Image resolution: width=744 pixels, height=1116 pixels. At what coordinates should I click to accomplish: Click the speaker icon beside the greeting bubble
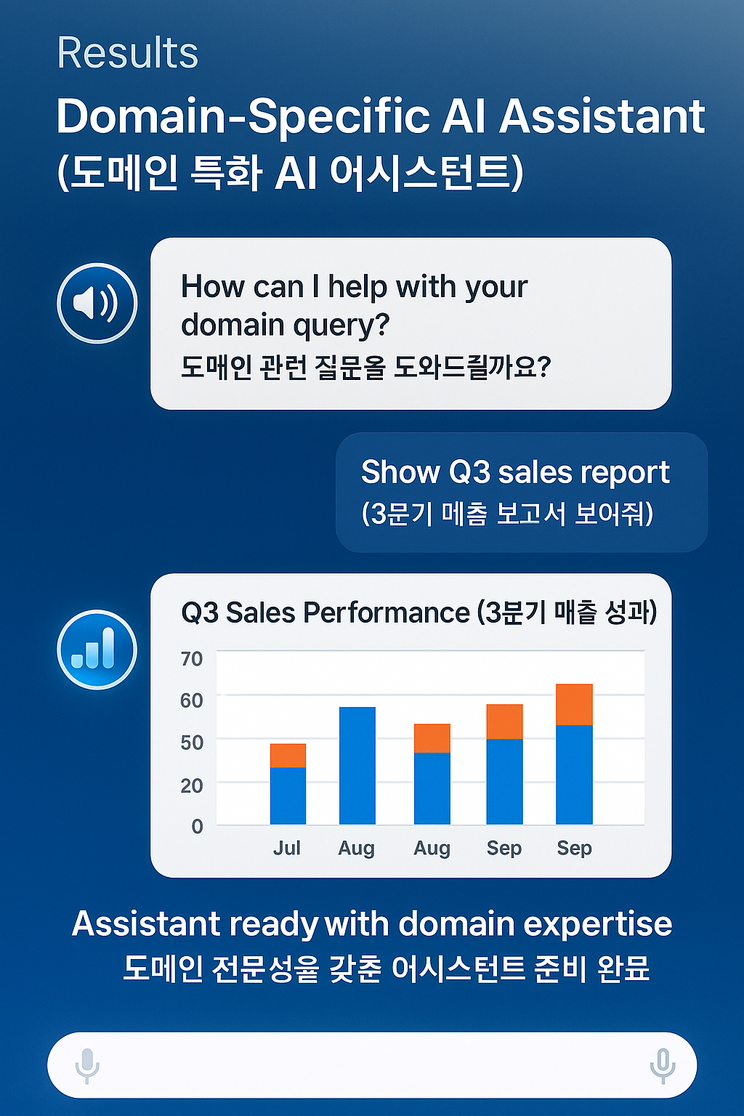click(x=97, y=303)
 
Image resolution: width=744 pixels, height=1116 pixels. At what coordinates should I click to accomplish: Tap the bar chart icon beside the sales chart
click(x=97, y=650)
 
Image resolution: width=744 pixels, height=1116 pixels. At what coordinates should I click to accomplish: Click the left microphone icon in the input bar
click(x=87, y=1065)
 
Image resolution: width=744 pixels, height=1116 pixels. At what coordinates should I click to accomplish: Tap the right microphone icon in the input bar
click(x=662, y=1065)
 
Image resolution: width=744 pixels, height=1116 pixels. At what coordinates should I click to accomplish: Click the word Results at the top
click(x=128, y=53)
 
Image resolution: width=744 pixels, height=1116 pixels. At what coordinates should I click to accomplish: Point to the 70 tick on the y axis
click(x=192, y=659)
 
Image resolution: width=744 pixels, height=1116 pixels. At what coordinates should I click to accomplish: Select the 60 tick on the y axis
click(x=192, y=700)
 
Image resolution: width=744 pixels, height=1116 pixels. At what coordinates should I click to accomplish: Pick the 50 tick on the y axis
click(x=192, y=743)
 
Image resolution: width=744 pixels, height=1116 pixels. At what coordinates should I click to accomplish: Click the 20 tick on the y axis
click(x=192, y=785)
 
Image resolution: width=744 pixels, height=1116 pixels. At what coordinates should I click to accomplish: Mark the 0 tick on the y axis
click(x=197, y=826)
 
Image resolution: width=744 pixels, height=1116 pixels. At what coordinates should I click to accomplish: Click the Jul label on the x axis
click(x=287, y=848)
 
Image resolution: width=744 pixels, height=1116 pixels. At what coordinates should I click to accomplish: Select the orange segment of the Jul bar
click(x=288, y=756)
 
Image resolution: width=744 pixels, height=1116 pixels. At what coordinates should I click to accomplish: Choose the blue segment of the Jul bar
click(x=288, y=796)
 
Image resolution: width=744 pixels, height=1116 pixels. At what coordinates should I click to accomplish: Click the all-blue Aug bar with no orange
click(x=357, y=765)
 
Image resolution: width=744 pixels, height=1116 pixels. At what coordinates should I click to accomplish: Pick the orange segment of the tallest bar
click(x=574, y=704)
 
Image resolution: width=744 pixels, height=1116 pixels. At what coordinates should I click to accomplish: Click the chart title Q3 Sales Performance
click(x=325, y=612)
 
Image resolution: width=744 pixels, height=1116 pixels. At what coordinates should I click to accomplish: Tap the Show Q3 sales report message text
click(x=515, y=472)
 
